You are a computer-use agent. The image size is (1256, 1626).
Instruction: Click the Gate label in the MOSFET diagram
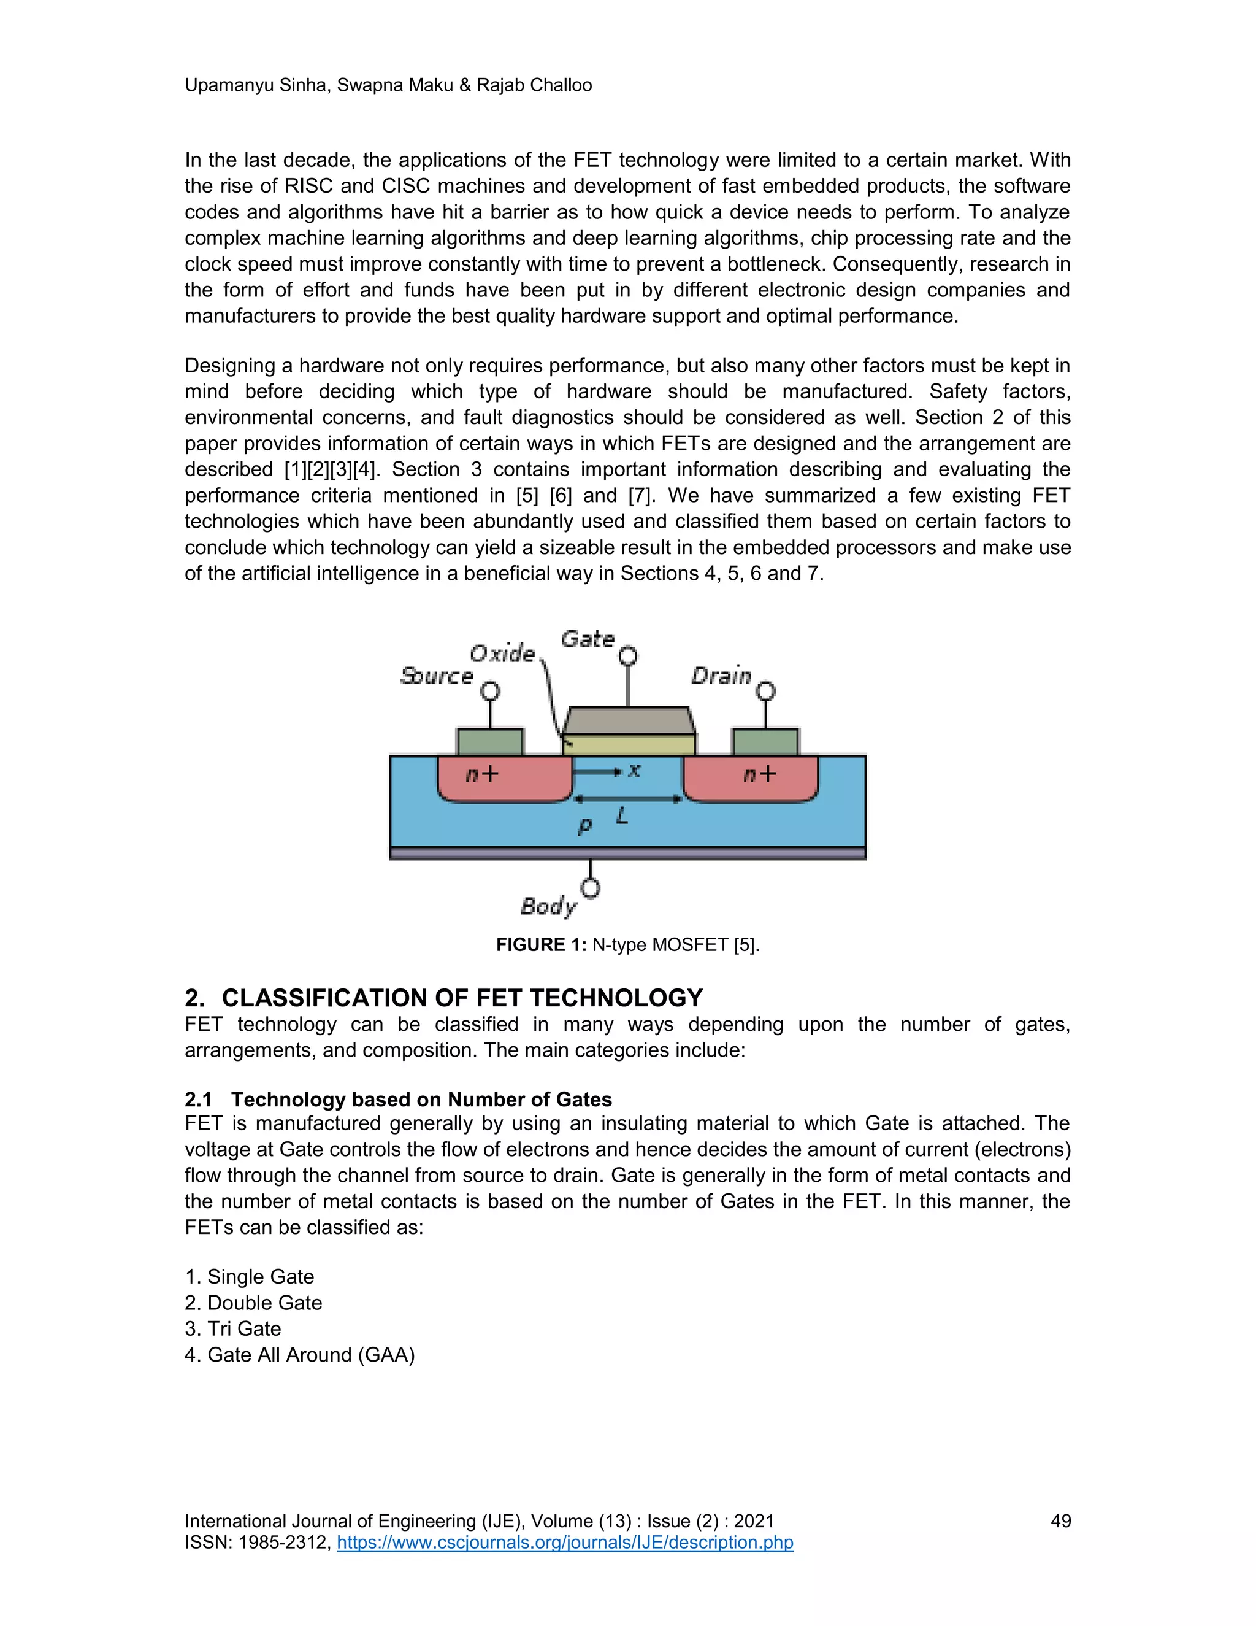click(587, 639)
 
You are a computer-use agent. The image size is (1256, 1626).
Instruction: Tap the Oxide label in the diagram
click(502, 653)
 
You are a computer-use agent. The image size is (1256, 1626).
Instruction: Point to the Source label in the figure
click(437, 676)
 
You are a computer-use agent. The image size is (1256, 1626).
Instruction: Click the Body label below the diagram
click(548, 906)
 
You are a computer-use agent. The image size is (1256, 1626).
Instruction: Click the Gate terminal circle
click(628, 656)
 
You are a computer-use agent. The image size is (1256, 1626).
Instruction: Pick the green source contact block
click(489, 742)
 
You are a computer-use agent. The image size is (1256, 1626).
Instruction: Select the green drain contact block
click(765, 742)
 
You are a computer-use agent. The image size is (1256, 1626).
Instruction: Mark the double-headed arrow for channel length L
click(627, 799)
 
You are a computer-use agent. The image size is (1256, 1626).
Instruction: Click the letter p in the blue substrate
click(585, 825)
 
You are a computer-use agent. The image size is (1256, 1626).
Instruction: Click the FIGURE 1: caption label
click(541, 945)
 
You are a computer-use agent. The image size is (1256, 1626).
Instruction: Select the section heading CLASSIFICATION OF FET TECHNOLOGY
click(462, 998)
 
